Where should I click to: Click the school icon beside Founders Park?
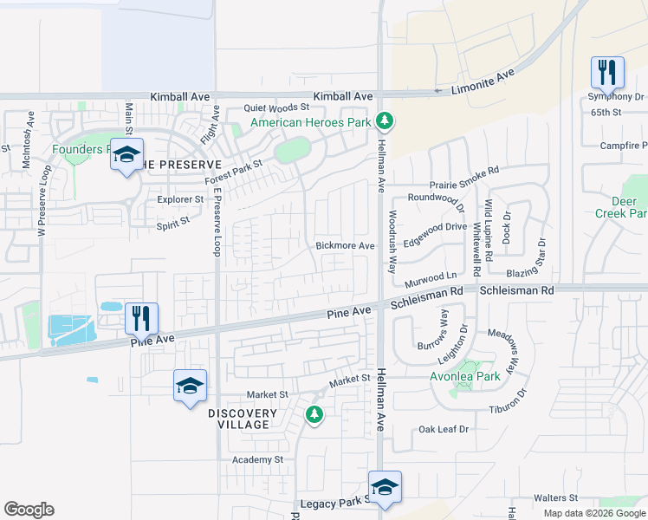(x=126, y=156)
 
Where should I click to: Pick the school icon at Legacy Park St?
(x=385, y=486)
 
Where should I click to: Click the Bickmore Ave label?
(x=345, y=246)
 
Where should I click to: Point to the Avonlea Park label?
(x=466, y=377)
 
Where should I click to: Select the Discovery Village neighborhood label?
(x=243, y=419)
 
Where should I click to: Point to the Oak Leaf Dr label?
(x=444, y=429)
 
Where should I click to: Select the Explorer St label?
(x=180, y=199)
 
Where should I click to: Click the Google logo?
(x=29, y=510)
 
